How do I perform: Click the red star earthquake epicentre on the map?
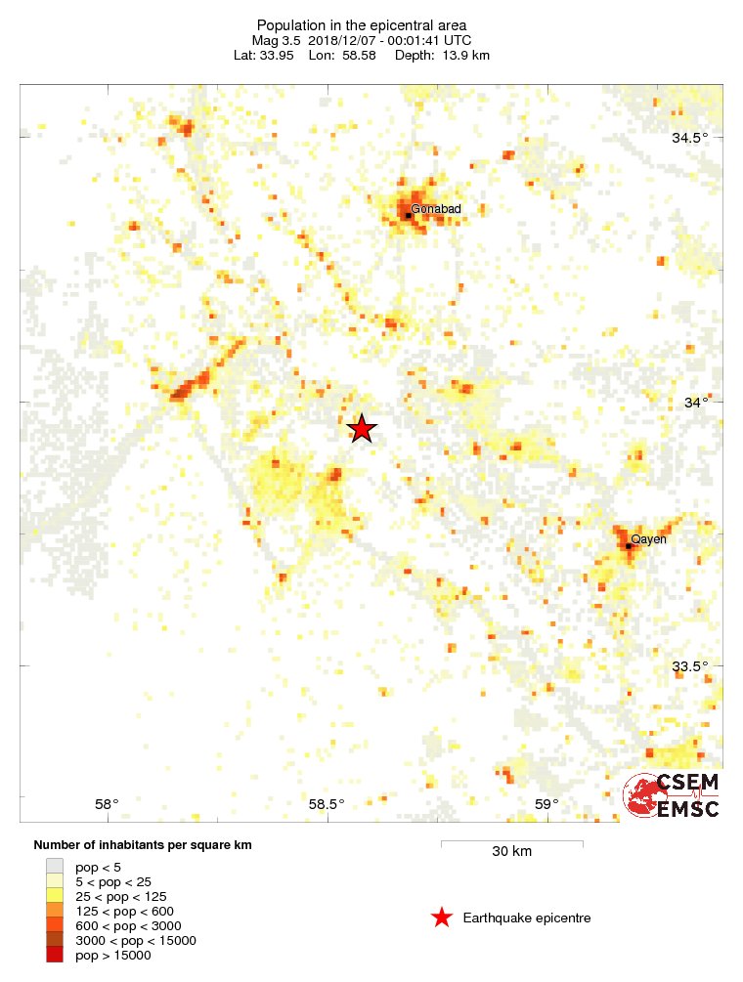362,428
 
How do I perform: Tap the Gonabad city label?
436,209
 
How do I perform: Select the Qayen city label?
649,539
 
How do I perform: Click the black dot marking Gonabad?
408,215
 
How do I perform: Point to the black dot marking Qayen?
629,545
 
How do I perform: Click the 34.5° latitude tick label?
690,138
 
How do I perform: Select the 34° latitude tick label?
696,403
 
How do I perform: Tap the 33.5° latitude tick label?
690,667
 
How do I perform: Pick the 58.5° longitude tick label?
327,804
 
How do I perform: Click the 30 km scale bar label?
511,852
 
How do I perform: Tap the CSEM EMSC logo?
673,795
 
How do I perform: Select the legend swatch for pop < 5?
55,867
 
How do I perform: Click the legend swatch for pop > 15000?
55,955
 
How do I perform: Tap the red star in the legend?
442,918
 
